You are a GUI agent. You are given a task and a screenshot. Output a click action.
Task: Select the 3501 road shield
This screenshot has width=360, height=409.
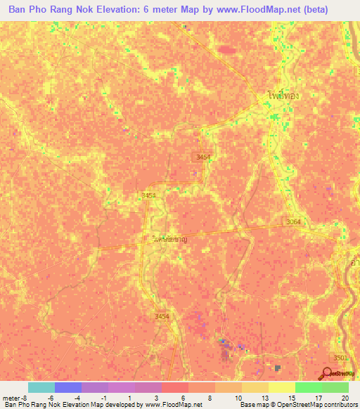click(x=340, y=358)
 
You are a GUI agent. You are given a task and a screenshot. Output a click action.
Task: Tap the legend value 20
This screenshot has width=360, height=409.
click(x=345, y=398)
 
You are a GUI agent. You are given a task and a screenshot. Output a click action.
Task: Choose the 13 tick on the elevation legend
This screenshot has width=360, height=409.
click(x=265, y=398)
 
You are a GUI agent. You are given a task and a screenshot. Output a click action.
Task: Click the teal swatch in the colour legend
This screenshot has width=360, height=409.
click(x=41, y=387)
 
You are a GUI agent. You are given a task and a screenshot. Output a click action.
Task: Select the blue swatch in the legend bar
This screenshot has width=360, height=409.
click(x=68, y=387)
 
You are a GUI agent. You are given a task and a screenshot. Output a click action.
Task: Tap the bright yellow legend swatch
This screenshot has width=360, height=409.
click(x=282, y=387)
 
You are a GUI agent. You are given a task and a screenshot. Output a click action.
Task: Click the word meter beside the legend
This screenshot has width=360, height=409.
click(x=11, y=398)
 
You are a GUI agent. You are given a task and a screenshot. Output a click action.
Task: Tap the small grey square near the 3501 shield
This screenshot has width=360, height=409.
click(x=278, y=368)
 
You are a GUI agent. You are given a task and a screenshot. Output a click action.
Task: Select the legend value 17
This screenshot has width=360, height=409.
click(x=319, y=398)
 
